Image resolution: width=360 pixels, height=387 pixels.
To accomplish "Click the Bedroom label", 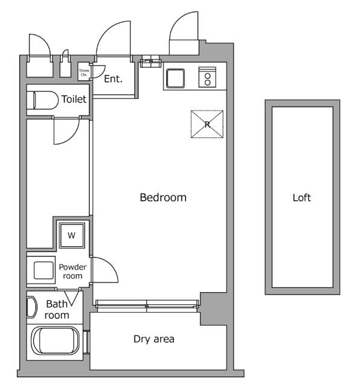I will (163, 197).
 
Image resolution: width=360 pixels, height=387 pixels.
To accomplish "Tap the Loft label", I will (301, 197).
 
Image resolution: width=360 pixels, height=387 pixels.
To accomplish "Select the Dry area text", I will (153, 339).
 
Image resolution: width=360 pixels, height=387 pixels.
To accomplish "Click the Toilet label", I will (74, 99).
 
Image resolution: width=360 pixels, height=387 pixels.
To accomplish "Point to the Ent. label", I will (113, 78).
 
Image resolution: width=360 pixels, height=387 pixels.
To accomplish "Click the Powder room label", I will (72, 272).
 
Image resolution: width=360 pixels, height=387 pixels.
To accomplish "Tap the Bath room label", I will (57, 309).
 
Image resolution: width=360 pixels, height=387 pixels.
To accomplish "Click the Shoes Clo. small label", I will (84, 72).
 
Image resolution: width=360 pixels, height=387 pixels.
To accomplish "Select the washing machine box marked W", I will (71, 235).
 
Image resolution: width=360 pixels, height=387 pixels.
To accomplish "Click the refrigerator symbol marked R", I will (207, 125).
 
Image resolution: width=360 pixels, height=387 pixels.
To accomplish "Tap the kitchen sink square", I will (176, 79).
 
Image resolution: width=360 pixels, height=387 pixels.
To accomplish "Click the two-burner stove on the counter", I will (207, 77).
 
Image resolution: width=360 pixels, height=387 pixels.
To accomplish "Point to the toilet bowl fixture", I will (44, 100).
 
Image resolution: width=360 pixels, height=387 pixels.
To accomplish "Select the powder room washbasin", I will (43, 270).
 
